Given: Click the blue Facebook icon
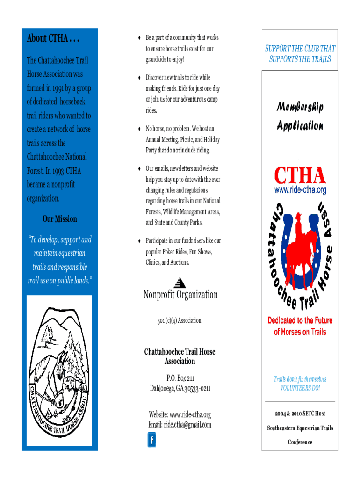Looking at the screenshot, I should tap(151, 440).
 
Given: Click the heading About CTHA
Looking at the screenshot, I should tap(53, 38).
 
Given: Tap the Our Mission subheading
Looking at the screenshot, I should tap(60, 219).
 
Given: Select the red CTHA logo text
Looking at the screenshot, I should tap(300, 176).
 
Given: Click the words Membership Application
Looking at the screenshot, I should tap(300, 116).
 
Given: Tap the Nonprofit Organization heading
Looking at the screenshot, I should tap(180, 295).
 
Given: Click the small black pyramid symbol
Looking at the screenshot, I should tap(180, 283).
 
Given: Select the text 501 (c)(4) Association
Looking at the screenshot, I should tap(180, 321).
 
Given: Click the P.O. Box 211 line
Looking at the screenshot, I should tap(180, 378).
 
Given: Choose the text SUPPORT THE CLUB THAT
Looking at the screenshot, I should tap(300, 49).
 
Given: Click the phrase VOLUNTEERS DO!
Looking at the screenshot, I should tap(300, 388).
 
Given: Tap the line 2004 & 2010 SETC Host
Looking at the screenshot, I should tap(300, 414).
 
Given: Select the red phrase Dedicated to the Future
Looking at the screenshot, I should tap(300, 321).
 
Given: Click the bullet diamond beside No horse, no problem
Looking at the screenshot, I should tap(140, 129).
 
